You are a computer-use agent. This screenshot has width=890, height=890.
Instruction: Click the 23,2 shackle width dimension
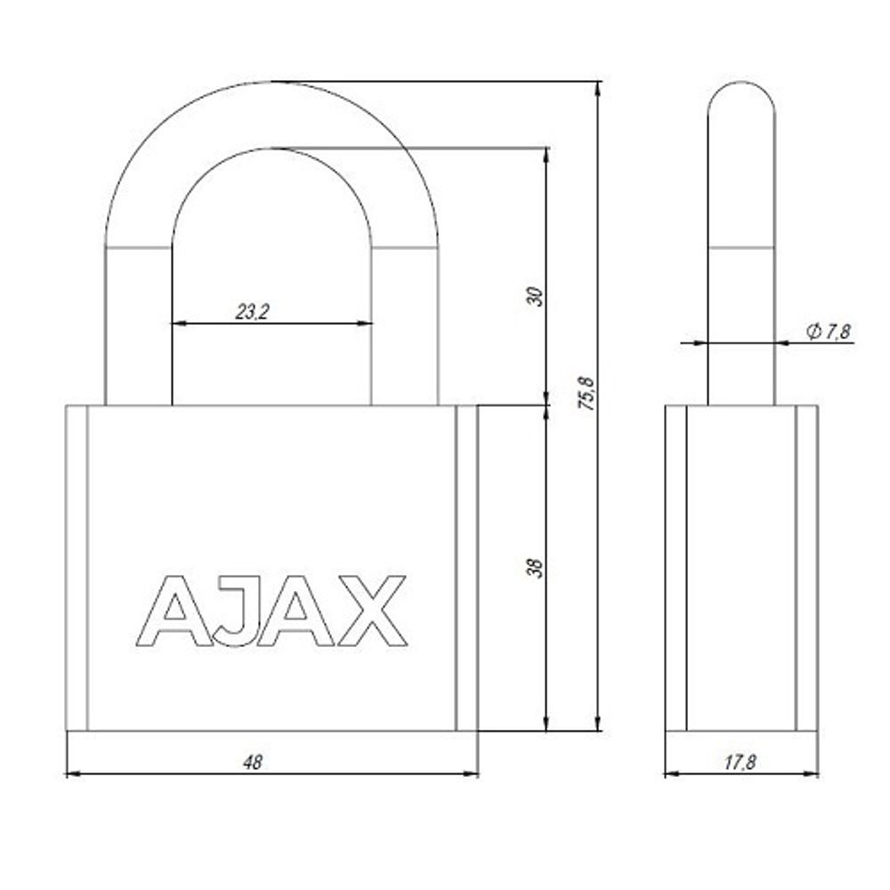[x=252, y=311]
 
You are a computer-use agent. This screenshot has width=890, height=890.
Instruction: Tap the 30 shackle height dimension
[x=535, y=296]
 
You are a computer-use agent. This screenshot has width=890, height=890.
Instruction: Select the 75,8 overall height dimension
[x=587, y=392]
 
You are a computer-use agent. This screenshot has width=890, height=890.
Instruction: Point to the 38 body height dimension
[x=535, y=568]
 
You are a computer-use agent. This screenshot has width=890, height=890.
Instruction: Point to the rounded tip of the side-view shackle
[x=740, y=93]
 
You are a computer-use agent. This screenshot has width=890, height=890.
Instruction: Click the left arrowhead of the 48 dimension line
[x=73, y=774]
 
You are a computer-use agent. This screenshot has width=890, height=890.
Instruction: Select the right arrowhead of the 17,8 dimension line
[x=811, y=774]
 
